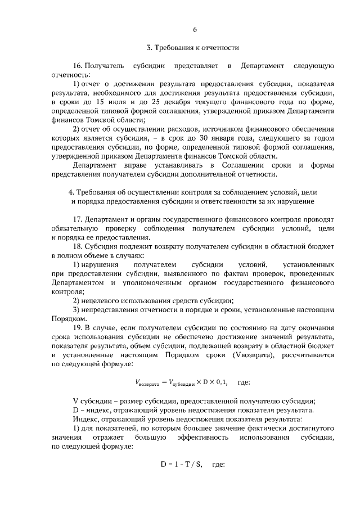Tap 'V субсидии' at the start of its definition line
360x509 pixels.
(x=93, y=400)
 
